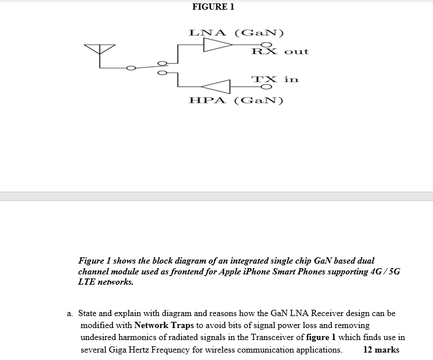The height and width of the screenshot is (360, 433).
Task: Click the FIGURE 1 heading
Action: [213, 7]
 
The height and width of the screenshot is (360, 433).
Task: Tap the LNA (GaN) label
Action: [237, 32]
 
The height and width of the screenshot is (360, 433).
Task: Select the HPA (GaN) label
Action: [236, 101]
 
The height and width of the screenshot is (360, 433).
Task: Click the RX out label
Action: [280, 51]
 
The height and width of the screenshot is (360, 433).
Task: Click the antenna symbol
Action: [99, 50]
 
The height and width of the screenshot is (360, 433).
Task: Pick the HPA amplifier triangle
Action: [216, 87]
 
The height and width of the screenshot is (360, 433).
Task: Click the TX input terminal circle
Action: [264, 87]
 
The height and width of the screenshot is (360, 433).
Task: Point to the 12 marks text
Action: [381, 350]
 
